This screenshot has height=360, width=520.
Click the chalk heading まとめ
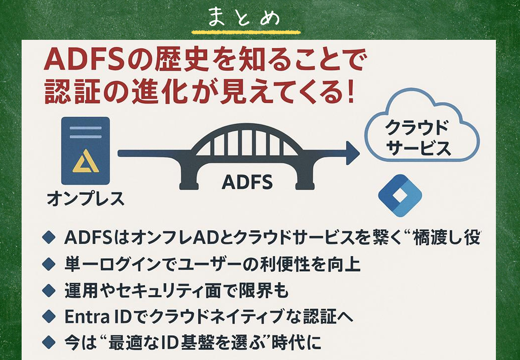pos(244,18)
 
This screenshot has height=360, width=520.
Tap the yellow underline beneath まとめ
pos(246,32)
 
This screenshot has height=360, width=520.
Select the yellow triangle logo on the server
pos(86,161)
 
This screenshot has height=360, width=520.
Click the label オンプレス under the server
pos(86,199)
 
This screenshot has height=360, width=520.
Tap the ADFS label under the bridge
pos(247,182)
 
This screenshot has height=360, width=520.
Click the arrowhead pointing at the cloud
pos(353,153)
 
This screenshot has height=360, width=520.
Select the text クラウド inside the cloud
pos(417,128)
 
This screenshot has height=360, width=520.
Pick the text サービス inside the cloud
pos(419,148)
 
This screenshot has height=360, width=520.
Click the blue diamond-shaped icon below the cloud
pos(400,195)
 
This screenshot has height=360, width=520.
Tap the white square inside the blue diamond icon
pos(400,196)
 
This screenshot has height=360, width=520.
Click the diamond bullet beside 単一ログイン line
pos(49,264)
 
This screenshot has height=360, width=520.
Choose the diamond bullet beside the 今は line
pos(49,342)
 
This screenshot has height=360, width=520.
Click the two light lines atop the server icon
pos(86,132)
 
